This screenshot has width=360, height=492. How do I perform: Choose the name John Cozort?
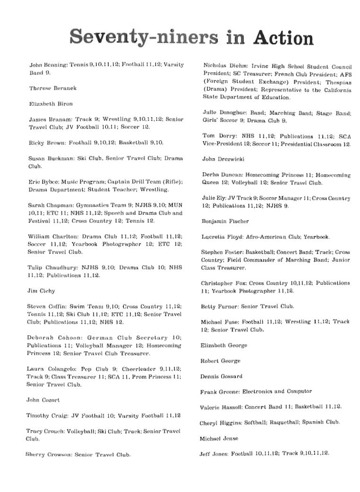43,400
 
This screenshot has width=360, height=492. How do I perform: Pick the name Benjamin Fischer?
225,221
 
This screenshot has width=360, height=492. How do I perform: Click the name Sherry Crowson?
49,455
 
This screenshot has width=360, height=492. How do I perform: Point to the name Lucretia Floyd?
221,237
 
